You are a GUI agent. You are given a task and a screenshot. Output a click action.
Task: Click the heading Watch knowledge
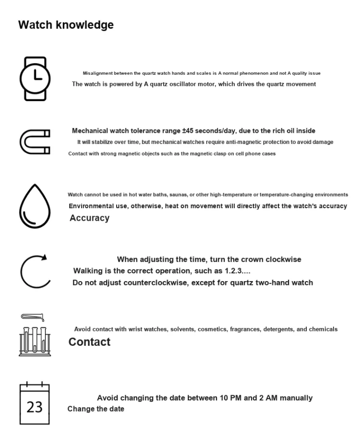[66, 25]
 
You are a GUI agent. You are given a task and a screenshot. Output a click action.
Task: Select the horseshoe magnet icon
[35, 141]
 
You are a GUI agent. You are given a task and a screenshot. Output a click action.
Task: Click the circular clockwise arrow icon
[35, 270]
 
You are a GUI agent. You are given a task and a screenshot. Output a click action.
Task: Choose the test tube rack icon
[34, 336]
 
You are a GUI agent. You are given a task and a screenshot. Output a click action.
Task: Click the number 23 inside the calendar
[34, 407]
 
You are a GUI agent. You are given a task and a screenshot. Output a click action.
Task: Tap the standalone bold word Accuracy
[89, 218]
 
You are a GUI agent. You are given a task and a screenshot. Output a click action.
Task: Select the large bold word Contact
[89, 342]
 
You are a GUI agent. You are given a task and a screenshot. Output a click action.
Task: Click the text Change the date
[96, 409]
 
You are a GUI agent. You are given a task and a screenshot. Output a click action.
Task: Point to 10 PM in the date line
[232, 398]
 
